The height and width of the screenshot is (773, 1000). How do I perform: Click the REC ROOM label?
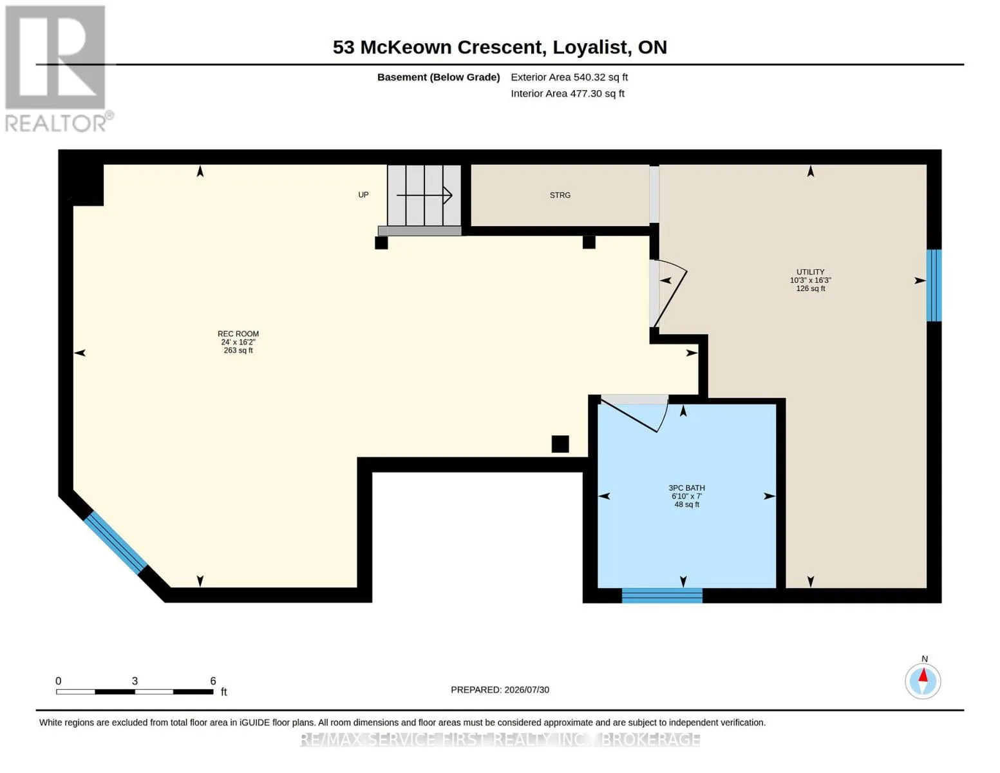coord(238,334)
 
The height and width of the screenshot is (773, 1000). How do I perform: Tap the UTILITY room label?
coord(811,272)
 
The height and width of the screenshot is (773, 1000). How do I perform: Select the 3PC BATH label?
coord(686,488)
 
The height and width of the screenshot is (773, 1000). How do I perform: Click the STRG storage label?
coord(560,195)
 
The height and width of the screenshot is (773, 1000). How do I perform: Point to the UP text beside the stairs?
coord(363,195)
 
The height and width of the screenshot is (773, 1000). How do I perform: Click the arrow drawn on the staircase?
coord(424,195)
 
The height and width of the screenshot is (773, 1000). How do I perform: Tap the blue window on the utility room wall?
coord(934,285)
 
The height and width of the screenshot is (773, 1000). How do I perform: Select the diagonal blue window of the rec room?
coord(115,543)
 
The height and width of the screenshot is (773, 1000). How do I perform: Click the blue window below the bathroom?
coord(662,595)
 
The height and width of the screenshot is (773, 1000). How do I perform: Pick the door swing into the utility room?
coord(670,294)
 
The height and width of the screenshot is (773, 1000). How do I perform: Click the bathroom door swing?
coord(635,414)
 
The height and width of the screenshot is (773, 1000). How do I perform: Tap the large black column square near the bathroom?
coord(560,444)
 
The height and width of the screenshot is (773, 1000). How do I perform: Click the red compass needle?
coord(923,675)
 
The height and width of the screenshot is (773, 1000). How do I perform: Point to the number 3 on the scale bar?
coord(135,681)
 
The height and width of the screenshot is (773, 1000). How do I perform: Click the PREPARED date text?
coord(500,690)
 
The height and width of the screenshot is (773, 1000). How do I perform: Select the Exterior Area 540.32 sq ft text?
coord(569,77)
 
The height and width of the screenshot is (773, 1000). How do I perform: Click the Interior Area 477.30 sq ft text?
coord(567,93)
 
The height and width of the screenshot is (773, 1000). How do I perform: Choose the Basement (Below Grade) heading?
coord(439,77)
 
